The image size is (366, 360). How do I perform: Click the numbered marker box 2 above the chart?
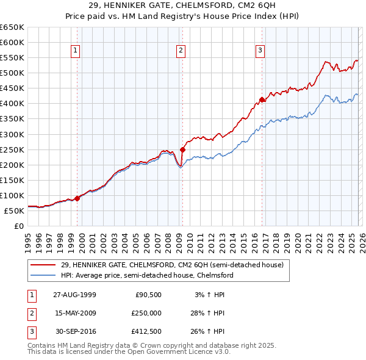pyautogui.click(x=181, y=51)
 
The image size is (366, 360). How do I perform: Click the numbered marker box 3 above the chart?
pyautogui.click(x=260, y=51)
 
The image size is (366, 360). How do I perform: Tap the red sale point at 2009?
pyautogui.click(x=182, y=149)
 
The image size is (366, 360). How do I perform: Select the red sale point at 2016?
pyautogui.click(x=262, y=99)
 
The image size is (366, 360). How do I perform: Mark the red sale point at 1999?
pyautogui.click(x=77, y=198)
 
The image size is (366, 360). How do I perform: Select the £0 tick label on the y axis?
pyautogui.click(x=18, y=226)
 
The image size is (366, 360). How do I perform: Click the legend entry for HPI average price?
pyautogui.click(x=147, y=275)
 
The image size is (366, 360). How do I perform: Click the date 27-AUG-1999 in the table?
pyautogui.click(x=74, y=294)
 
